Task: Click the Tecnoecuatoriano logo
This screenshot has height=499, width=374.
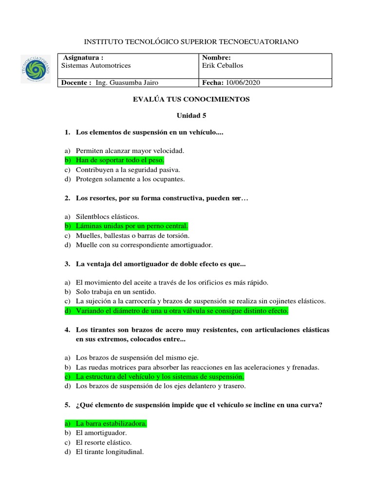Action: click(x=35, y=68)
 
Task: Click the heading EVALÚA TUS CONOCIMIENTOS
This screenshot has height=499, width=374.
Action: click(x=191, y=99)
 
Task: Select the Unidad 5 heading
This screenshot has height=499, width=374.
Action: click(x=191, y=116)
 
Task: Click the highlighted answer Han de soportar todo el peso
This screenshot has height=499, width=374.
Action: click(x=120, y=160)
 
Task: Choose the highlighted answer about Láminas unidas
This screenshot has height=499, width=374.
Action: click(x=131, y=226)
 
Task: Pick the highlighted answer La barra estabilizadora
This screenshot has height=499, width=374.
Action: click(x=111, y=424)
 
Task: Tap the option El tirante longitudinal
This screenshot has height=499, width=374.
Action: click(x=110, y=452)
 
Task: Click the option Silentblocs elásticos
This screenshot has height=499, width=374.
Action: click(x=107, y=216)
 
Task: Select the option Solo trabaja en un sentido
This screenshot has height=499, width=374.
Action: click(x=115, y=291)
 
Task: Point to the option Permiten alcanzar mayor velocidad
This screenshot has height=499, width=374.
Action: click(x=130, y=151)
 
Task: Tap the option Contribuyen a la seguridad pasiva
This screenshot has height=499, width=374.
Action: click(x=128, y=170)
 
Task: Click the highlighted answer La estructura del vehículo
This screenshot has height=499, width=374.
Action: click(x=160, y=377)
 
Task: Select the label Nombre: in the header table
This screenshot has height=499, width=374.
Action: click(x=216, y=58)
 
